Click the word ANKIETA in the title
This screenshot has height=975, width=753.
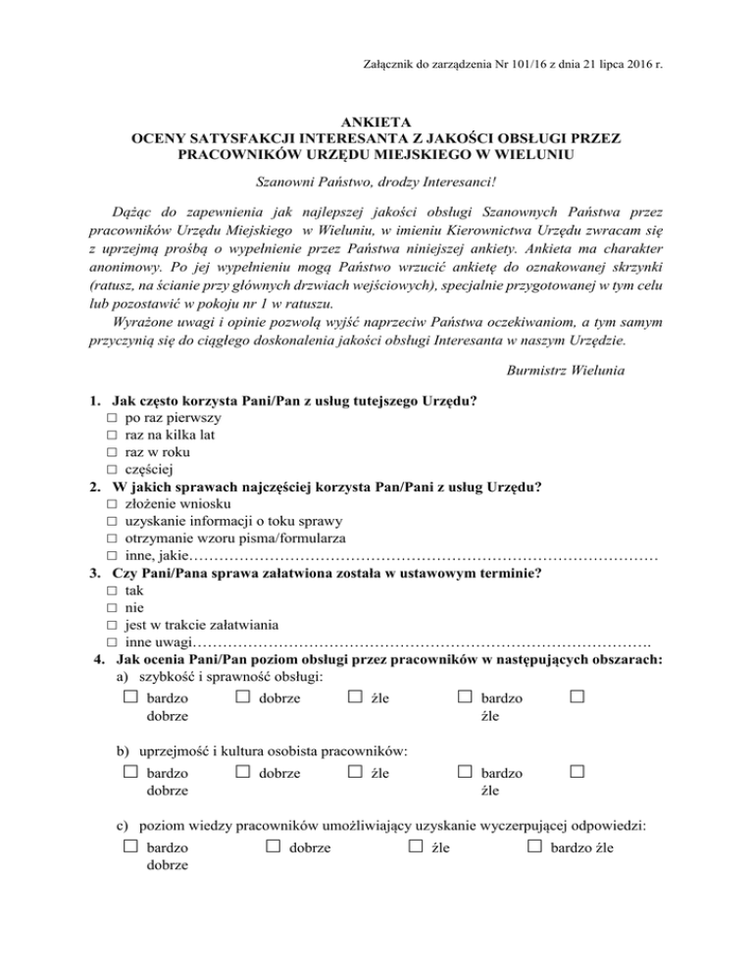(376, 121)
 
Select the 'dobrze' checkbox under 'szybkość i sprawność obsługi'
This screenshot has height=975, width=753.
(242, 697)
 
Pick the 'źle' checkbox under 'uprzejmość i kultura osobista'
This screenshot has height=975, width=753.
(354, 772)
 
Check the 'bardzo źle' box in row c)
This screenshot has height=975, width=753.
(535, 846)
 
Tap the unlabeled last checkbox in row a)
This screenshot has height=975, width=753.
(577, 697)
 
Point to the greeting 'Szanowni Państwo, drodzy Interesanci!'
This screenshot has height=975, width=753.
(376, 181)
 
